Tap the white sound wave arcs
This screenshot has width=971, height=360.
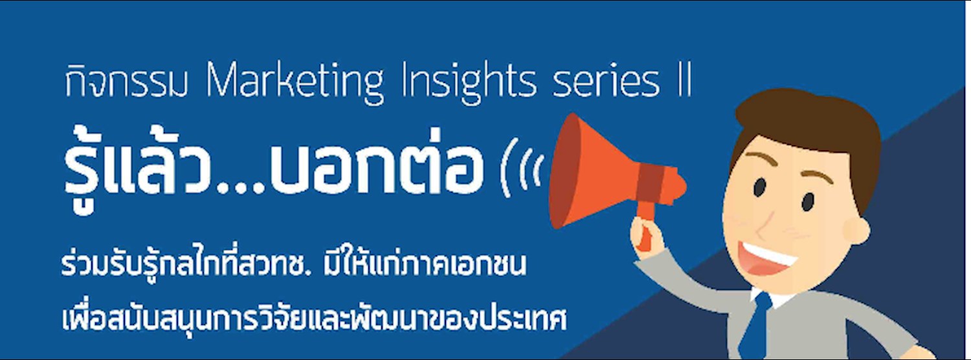click(x=522, y=170)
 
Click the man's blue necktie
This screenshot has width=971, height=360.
click(x=757, y=327)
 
